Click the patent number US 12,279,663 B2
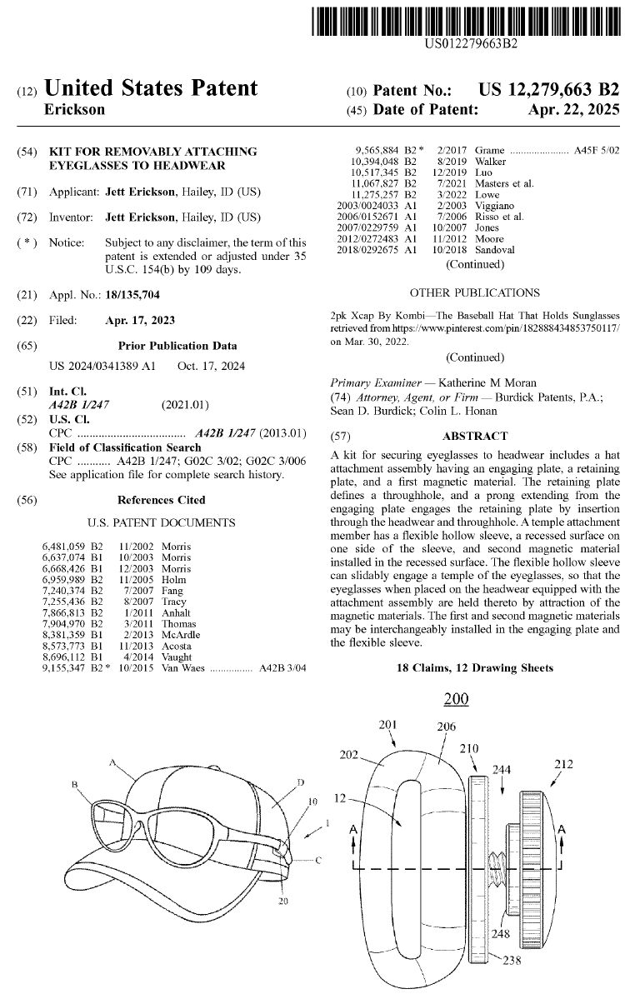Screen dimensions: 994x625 [x=548, y=89]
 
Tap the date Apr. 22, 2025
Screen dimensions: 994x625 [x=573, y=109]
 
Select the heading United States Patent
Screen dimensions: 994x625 [x=150, y=88]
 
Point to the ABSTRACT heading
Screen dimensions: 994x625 [x=475, y=436]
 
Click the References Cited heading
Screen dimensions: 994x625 [x=161, y=500]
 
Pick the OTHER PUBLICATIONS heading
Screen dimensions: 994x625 [x=475, y=292]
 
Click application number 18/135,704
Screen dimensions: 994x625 [x=132, y=294]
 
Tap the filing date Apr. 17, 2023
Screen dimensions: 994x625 [x=140, y=320]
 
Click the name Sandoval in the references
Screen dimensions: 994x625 [x=495, y=250]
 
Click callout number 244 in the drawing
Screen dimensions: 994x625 [x=502, y=770]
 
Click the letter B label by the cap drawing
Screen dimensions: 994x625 [x=74, y=784]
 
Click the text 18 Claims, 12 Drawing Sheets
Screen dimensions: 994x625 [x=475, y=668]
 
